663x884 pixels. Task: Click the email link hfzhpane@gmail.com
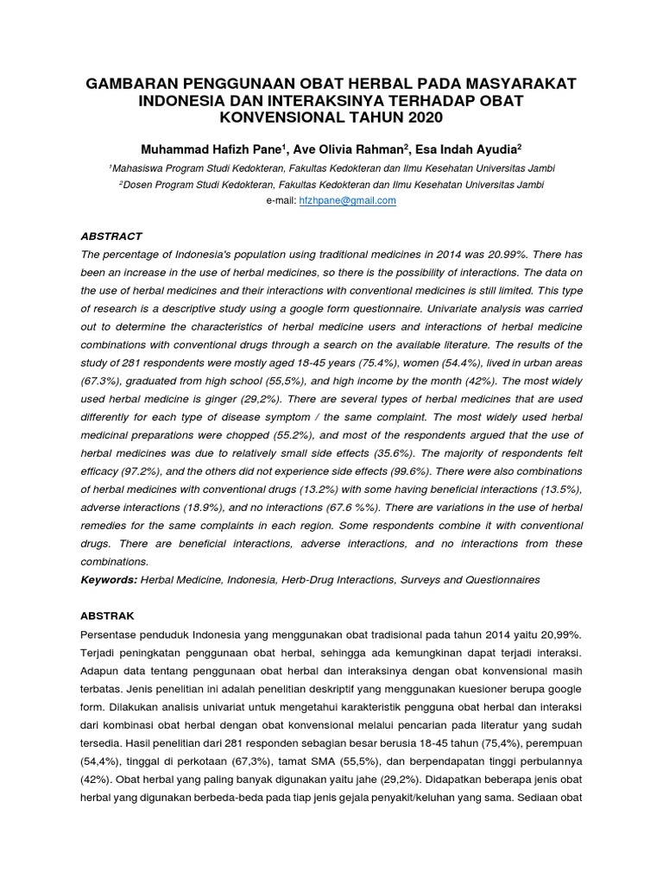[347, 200]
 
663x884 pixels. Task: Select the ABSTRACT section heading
[110, 236]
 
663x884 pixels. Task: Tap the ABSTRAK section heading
[109, 616]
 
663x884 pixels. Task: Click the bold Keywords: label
[108, 580]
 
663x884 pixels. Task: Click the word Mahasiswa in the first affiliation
[140, 167]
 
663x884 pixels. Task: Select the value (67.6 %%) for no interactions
[354, 508]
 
